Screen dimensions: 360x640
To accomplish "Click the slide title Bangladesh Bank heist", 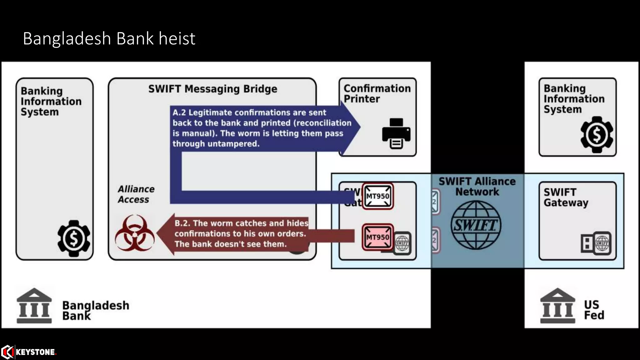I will click(x=109, y=39).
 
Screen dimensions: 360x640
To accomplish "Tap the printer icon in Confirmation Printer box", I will click(x=396, y=133).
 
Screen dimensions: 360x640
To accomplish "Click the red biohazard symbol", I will click(x=135, y=233).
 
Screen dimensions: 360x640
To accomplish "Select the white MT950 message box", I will click(x=377, y=196).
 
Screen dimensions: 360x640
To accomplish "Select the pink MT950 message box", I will click(x=377, y=237).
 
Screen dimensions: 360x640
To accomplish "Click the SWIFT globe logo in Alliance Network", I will click(x=476, y=225).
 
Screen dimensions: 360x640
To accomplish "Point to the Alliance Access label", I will click(x=136, y=194).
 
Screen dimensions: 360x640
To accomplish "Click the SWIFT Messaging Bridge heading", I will click(x=212, y=89).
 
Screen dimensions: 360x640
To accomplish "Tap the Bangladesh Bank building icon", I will click(x=34, y=306).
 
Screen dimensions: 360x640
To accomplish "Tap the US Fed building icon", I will click(x=557, y=306).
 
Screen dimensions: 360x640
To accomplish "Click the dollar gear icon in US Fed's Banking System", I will click(x=597, y=135).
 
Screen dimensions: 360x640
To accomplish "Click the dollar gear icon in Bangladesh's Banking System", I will click(x=74, y=238).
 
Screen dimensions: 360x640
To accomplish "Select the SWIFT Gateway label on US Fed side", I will click(x=566, y=197).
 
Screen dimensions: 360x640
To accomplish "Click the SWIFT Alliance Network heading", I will click(x=477, y=186).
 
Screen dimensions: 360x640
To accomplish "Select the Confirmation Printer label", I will click(x=377, y=93).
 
